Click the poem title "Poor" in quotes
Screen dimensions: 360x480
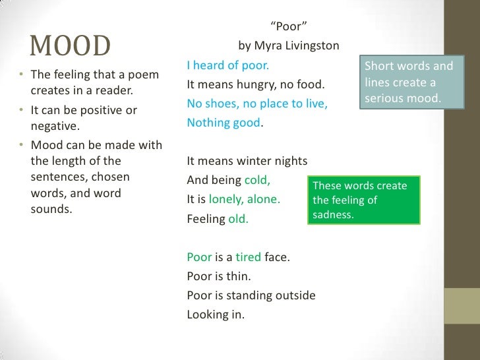point(287,27)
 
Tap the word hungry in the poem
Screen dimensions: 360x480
point(245,84)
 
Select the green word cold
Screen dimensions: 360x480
point(258,180)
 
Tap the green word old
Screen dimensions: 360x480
point(238,219)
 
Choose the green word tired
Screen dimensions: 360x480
point(249,257)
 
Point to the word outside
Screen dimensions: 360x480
point(295,295)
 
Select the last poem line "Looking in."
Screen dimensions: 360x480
point(216,315)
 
